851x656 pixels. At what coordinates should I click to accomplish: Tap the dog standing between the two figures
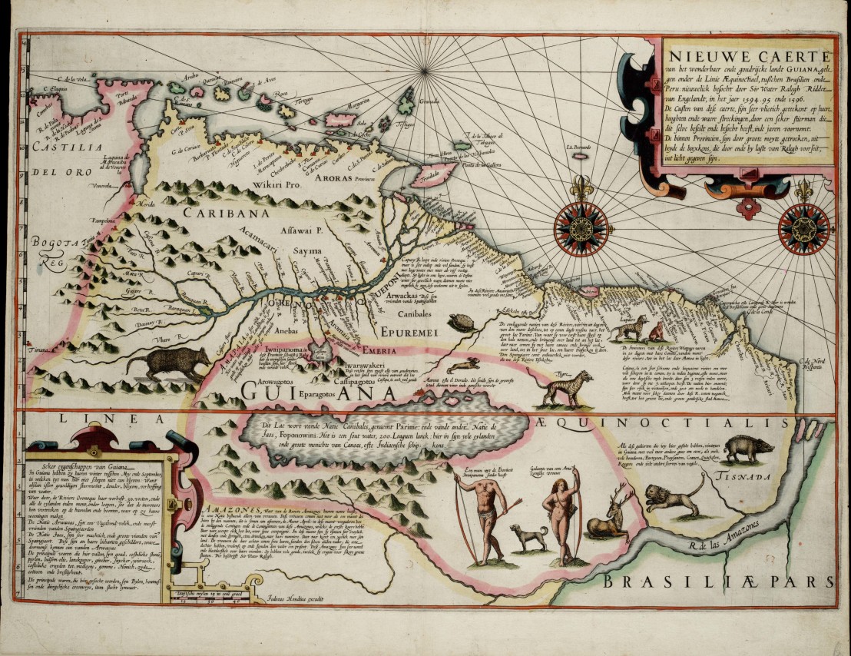click(530, 536)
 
